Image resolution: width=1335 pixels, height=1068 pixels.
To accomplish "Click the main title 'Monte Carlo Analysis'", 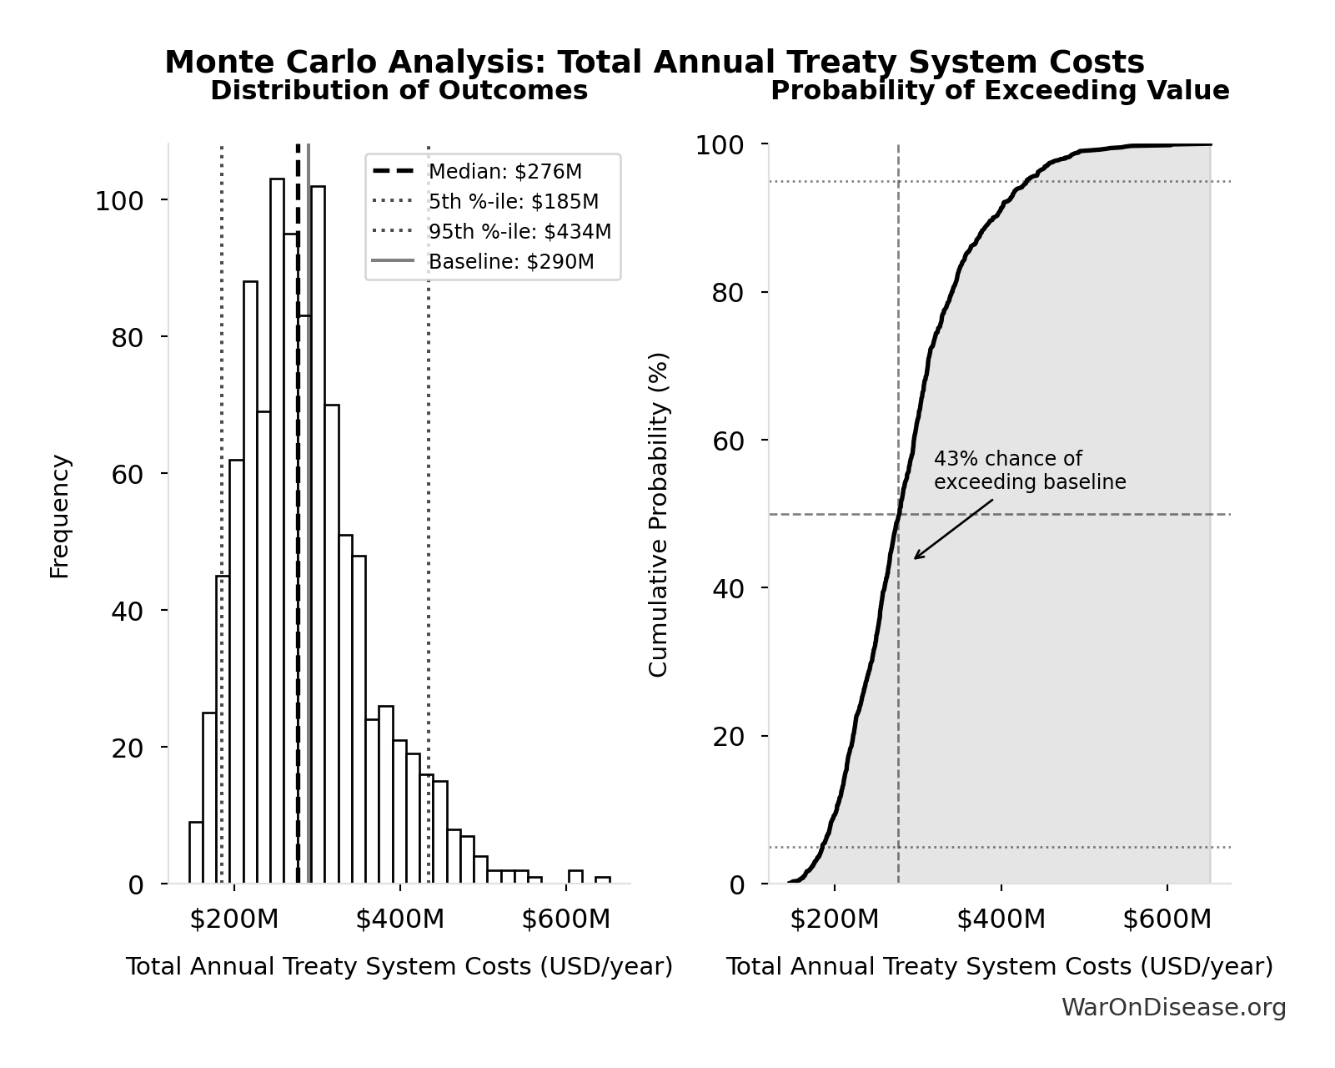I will coord(654,63).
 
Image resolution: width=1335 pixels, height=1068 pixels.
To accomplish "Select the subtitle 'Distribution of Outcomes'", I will coord(399,91).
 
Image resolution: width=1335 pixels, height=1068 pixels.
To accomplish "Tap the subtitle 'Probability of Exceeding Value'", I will coord(999,91).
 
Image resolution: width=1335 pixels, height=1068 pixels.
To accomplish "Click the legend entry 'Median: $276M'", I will coord(504,172).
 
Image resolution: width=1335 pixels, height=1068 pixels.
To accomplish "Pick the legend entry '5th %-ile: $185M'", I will coord(513,202).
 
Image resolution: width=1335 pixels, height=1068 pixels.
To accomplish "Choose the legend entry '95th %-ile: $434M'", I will coord(519,232).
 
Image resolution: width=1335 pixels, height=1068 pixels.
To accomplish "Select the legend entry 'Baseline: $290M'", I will coord(510,262).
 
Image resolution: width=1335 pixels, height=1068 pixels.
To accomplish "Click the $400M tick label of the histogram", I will coord(399,919).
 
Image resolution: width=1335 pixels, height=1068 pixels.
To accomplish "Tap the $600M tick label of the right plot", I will coord(1166,919).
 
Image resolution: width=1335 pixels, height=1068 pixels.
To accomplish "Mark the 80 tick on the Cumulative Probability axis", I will coord(730,293).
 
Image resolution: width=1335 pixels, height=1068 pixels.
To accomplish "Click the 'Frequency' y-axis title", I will coord(60,516).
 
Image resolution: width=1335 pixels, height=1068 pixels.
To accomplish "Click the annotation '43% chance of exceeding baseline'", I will coord(1029,471).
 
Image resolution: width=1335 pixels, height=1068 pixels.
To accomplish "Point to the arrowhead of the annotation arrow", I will coord(916,558).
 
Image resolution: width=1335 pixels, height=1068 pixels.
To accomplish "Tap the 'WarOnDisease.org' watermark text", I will coord(1173,1008).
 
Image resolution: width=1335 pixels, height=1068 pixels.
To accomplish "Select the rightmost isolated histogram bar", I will coord(602,879).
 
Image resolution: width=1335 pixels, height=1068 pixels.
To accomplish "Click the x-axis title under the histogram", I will coord(399,967).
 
